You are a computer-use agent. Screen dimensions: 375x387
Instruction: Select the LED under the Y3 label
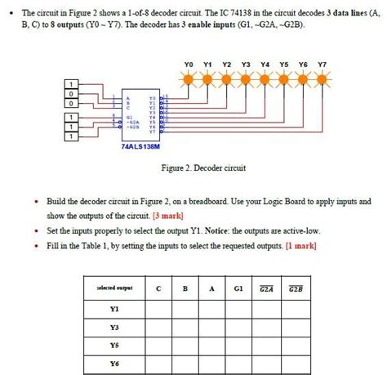coord(247,79)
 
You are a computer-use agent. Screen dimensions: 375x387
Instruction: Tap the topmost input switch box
coord(72,84)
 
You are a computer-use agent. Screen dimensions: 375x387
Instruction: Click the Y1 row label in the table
coord(113,310)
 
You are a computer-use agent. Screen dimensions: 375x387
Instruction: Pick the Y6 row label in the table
coord(113,363)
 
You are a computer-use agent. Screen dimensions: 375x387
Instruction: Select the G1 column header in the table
coord(238,288)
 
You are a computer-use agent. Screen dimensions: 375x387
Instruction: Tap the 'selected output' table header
coord(113,288)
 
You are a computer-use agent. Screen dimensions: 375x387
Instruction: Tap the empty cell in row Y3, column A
coord(211,328)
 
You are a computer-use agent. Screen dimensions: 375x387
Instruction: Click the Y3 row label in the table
coord(113,328)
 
